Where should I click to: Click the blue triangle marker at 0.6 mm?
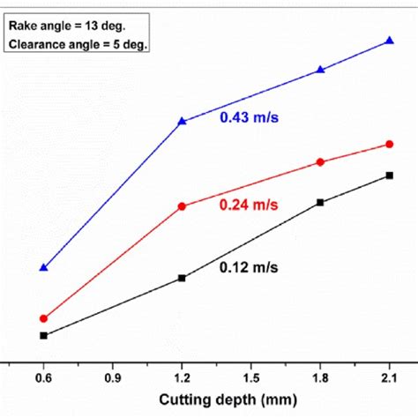[43, 266]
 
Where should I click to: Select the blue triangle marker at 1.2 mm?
[183, 121]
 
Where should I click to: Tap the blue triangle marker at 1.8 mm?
[321, 70]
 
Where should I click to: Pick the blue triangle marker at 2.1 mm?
[390, 41]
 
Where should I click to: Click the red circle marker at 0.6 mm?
[43, 318]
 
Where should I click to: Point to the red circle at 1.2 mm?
[183, 206]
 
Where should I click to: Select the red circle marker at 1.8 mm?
[321, 162]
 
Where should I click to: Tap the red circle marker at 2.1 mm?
[390, 144]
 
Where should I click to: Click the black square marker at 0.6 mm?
[43, 335]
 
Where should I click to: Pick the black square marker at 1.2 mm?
[183, 278]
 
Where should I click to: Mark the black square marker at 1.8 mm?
[321, 202]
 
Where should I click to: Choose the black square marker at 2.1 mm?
[390, 175]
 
